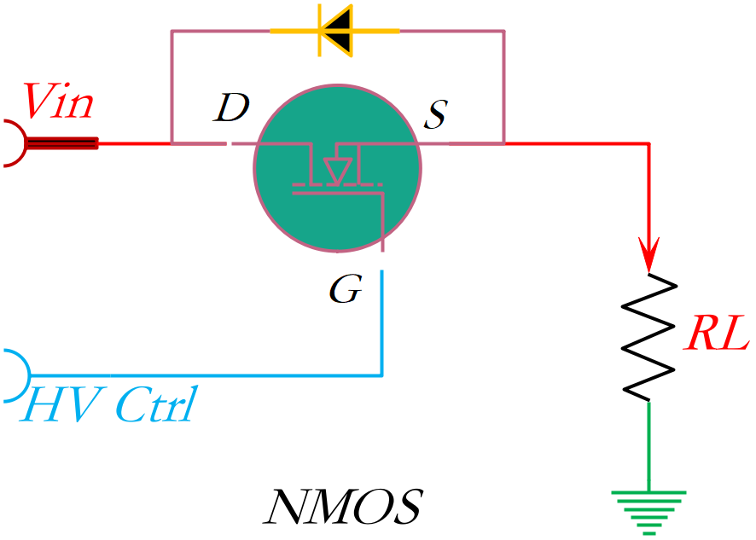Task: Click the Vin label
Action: (59, 102)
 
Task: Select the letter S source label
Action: (435, 114)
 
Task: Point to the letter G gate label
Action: (346, 291)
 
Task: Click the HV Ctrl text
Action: (109, 405)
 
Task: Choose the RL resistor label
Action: (717, 336)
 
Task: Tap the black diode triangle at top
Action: (338, 32)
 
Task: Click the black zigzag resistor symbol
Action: (649, 337)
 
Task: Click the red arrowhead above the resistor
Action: (649, 255)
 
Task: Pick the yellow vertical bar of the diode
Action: (320, 32)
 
